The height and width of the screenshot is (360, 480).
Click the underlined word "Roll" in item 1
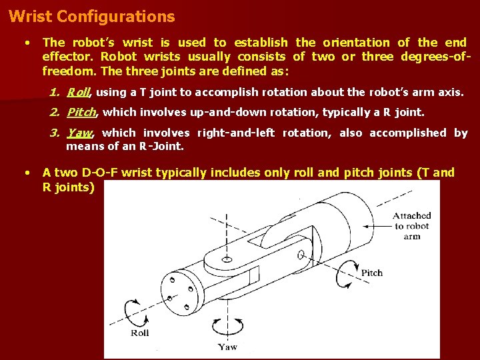78,93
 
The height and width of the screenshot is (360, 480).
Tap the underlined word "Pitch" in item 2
82,113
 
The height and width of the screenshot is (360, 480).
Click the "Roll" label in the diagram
141,333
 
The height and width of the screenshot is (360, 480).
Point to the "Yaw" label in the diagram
227,347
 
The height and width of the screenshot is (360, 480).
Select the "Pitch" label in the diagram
371,273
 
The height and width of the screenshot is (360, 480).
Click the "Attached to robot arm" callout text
411,226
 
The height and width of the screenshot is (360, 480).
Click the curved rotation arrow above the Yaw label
227,325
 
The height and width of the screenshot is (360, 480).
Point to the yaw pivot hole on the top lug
228,257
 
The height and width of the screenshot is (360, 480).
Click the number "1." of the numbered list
55,93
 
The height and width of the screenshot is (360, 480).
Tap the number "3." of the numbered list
55,133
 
